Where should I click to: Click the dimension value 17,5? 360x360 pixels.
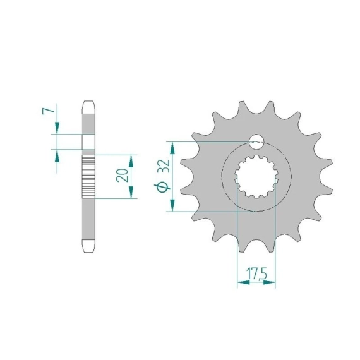[256, 273]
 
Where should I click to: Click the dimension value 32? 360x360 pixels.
[165, 165]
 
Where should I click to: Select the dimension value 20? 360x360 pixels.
[123, 175]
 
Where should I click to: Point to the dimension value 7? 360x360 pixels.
[48, 111]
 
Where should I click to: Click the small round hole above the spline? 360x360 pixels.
[256, 142]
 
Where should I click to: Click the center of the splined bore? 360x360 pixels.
[256, 177]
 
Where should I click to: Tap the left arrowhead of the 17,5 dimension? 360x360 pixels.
[243, 282]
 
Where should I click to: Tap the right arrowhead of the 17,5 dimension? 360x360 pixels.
[269, 282]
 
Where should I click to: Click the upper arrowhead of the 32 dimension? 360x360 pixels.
[172, 148]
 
